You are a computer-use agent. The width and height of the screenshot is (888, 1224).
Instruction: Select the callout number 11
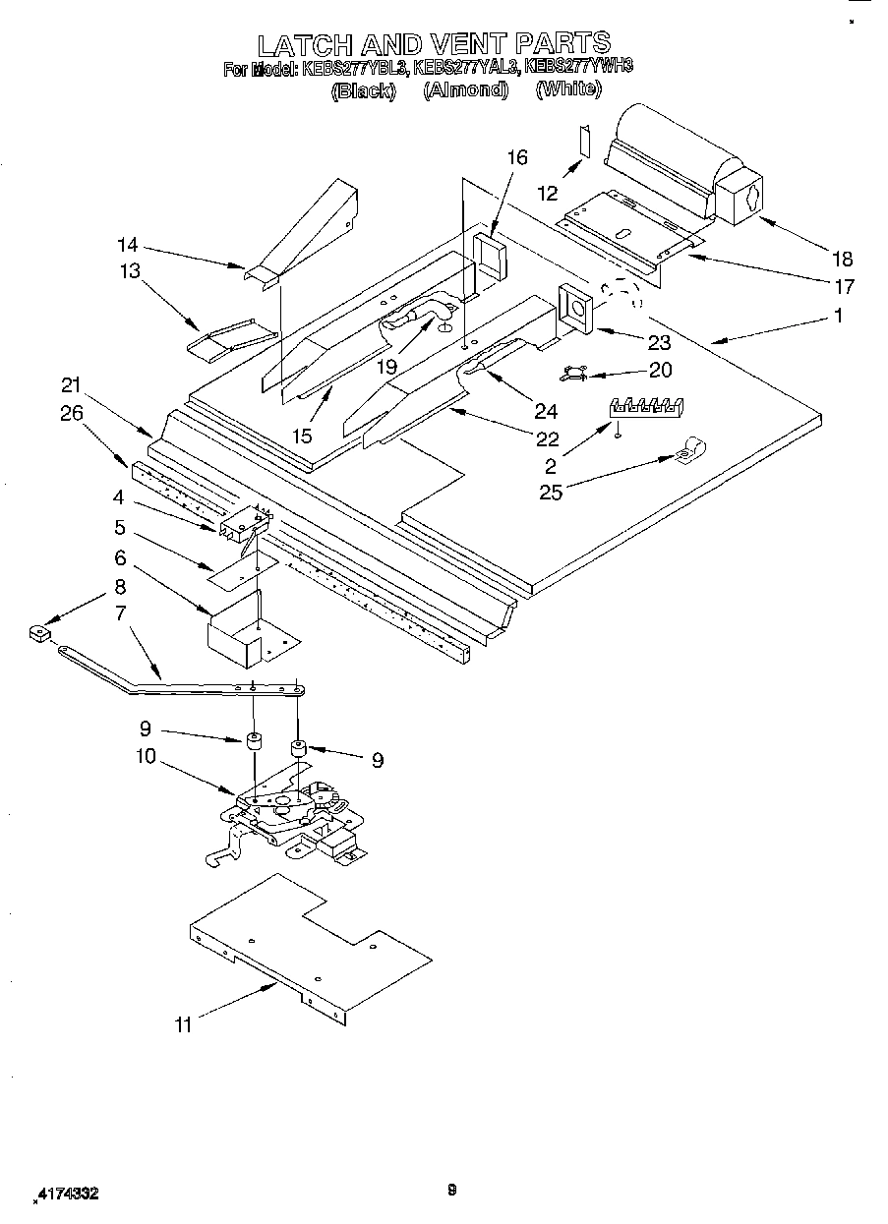coord(183,1024)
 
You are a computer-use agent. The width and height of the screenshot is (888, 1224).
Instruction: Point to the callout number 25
coord(551,492)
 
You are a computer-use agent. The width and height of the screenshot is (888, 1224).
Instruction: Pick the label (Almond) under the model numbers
coord(466,89)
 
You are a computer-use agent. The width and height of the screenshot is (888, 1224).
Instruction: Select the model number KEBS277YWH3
coord(578,68)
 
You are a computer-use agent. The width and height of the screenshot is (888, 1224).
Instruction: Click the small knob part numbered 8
coord(39,634)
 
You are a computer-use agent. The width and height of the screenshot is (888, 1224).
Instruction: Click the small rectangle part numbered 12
coord(583,142)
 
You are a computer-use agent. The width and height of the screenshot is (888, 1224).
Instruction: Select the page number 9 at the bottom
coord(451,1191)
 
